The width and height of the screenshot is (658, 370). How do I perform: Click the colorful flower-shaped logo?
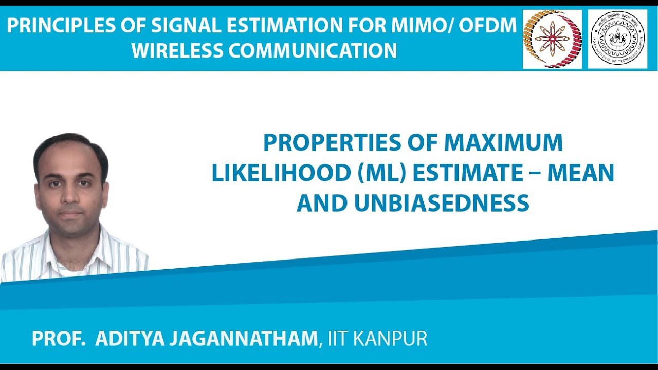pyautogui.click(x=552, y=39)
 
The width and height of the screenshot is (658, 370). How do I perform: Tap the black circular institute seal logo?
pyautogui.click(x=617, y=39)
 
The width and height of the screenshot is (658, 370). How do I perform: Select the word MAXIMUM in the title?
pyautogui.click(x=503, y=143)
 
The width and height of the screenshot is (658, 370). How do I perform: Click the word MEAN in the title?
pyautogui.click(x=581, y=174)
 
